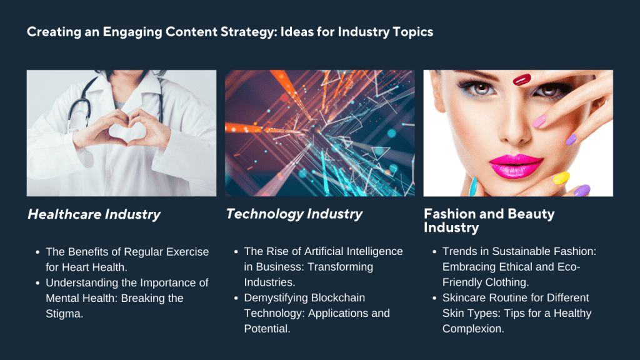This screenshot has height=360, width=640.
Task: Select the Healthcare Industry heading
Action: pyautogui.click(x=94, y=214)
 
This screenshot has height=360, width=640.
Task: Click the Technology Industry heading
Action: pyautogui.click(x=294, y=214)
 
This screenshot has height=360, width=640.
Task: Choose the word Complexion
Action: pyautogui.click(x=472, y=328)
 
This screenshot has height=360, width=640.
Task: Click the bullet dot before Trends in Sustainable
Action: pyautogui.click(x=434, y=252)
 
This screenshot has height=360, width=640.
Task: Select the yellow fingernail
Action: pyautogui.click(x=561, y=178)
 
